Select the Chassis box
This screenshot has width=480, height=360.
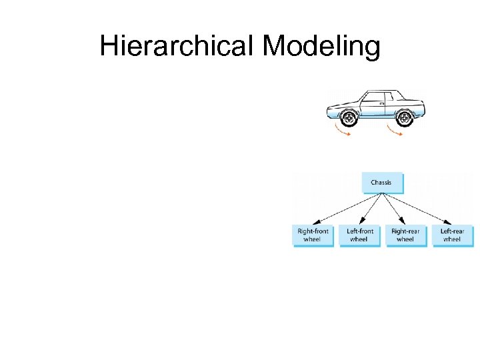[x=381, y=183]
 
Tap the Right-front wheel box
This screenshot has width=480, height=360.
[x=313, y=235]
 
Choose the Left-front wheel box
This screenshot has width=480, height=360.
[x=359, y=235]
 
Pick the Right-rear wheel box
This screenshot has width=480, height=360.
[x=405, y=235]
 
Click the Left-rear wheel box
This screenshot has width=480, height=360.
[x=452, y=235]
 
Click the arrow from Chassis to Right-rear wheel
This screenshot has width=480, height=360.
[x=393, y=209]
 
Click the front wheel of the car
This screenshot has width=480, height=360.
[x=348, y=119]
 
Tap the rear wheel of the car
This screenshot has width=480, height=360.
[x=403, y=119]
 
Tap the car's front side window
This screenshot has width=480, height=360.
[x=371, y=99]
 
